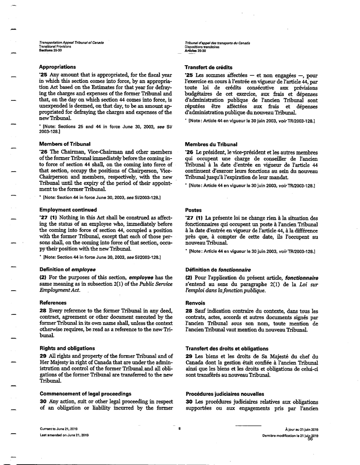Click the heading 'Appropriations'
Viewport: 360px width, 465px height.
[x=58, y=67]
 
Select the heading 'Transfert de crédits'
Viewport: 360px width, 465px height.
[x=209, y=67]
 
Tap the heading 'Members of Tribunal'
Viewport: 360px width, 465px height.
[x=65, y=144]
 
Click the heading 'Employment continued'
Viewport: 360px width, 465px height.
[x=68, y=210]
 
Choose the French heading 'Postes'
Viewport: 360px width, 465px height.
[x=193, y=210]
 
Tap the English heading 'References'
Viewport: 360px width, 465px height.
[x=53, y=303]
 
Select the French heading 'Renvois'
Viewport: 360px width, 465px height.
[x=196, y=303]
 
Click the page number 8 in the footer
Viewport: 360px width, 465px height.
[x=180, y=428]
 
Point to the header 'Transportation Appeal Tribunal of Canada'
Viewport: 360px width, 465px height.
[x=72, y=43]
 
